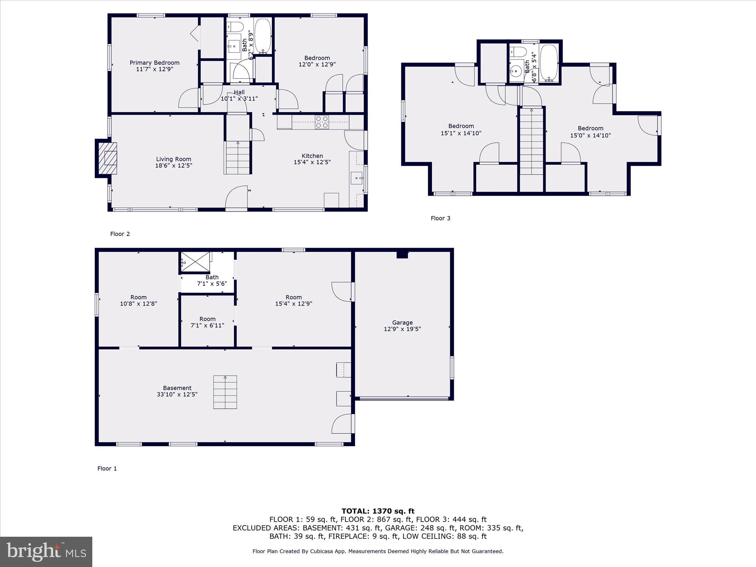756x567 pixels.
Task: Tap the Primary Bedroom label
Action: pos(154,63)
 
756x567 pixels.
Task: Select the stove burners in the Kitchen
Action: pos(322,122)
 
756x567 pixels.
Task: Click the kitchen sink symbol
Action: pos(357,178)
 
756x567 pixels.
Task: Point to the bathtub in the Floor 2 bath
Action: pos(263,36)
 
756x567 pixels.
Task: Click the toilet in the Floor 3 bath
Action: pos(518,51)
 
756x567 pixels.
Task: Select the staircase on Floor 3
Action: pos(532,141)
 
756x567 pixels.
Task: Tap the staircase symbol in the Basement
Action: pos(225,392)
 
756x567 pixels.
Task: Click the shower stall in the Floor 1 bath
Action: pos(195,262)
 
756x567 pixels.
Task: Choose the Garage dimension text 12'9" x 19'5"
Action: pos(402,329)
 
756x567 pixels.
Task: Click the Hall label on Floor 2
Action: pos(239,92)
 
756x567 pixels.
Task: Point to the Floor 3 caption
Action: pos(440,218)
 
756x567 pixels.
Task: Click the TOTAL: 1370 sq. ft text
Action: pos(378,511)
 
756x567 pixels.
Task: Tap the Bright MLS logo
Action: pos(46,551)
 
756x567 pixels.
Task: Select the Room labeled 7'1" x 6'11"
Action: pos(207,322)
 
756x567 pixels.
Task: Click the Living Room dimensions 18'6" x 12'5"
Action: pos(173,166)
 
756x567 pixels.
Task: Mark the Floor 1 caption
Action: pos(107,468)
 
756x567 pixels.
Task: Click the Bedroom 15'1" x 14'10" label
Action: pos(461,130)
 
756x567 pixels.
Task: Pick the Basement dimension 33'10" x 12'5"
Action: pos(177,394)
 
